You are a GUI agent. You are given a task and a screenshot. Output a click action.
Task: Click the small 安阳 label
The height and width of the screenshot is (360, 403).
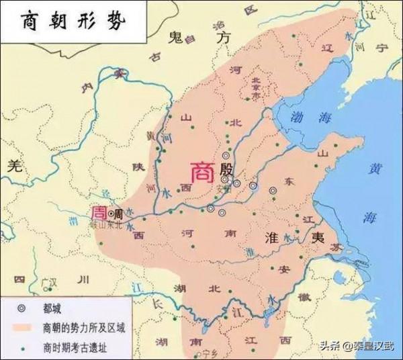point(222,189)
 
